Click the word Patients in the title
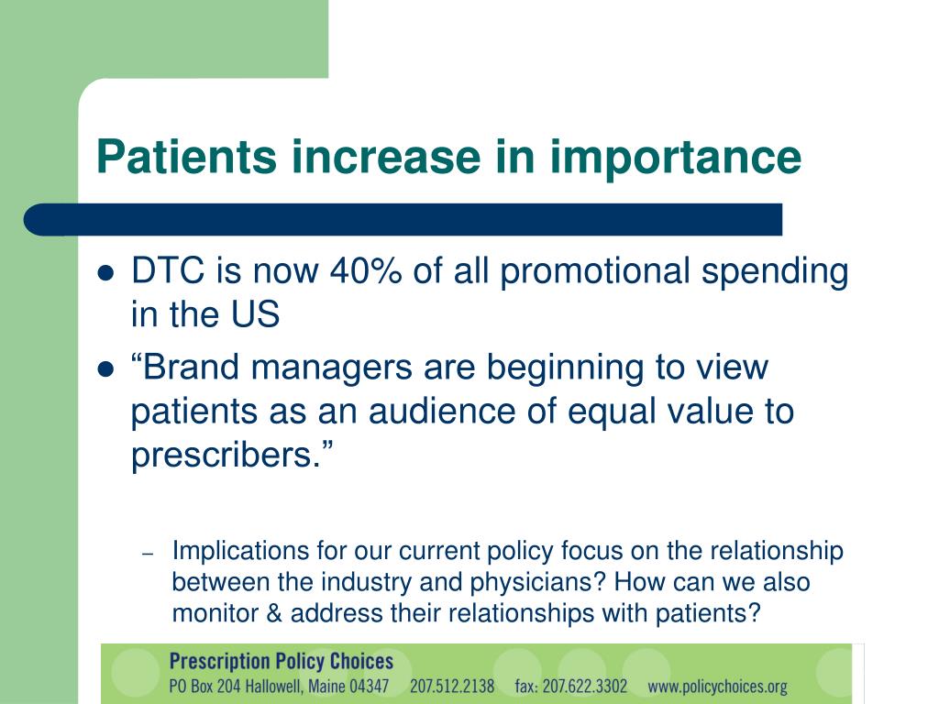(x=186, y=156)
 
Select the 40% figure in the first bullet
(x=365, y=270)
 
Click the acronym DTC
(x=168, y=270)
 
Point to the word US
(x=255, y=314)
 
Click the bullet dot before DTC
(x=105, y=273)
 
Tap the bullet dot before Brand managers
(x=105, y=369)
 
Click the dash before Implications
(x=148, y=554)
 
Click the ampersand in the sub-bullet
(x=274, y=613)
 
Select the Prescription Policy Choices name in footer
(x=282, y=661)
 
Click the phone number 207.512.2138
(x=452, y=686)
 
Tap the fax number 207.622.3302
(x=584, y=686)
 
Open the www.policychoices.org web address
(x=717, y=687)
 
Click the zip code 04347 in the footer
(x=369, y=686)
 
